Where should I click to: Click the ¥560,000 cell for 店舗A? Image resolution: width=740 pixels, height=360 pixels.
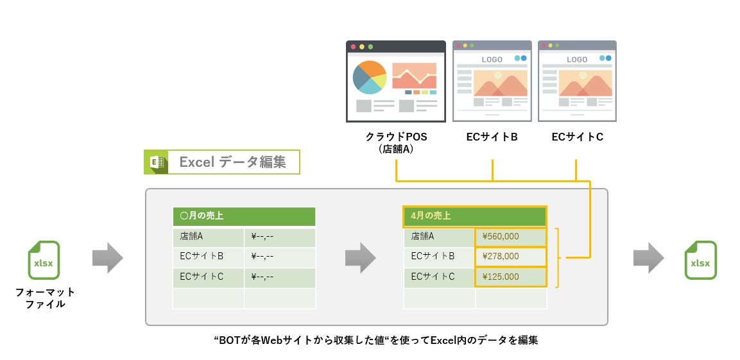510,236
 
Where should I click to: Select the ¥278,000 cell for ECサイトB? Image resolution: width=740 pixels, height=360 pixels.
510,256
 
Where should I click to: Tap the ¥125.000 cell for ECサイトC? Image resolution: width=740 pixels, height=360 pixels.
510,277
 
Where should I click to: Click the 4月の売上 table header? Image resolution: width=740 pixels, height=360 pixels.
474,216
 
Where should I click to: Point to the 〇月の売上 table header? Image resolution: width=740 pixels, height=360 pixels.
244,216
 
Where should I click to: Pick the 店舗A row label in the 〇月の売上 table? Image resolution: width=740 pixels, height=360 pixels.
208,237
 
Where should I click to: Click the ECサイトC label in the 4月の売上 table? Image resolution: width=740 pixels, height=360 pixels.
439,277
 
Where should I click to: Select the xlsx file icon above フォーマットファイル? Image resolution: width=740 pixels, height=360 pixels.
44,260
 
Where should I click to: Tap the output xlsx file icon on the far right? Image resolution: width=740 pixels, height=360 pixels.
700,260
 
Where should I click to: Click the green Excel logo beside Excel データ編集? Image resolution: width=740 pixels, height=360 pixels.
156,162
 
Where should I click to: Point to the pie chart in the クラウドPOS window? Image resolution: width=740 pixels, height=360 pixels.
370,78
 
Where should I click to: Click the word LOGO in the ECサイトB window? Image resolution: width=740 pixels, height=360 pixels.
492,60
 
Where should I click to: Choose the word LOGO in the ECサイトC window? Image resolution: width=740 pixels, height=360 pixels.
577,60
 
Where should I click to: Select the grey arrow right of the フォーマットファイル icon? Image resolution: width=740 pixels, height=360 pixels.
107,257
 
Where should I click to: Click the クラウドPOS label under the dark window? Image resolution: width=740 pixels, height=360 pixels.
396,137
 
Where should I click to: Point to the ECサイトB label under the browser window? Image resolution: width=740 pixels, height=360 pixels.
492,137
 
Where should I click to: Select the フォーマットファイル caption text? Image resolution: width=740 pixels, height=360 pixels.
45,298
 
